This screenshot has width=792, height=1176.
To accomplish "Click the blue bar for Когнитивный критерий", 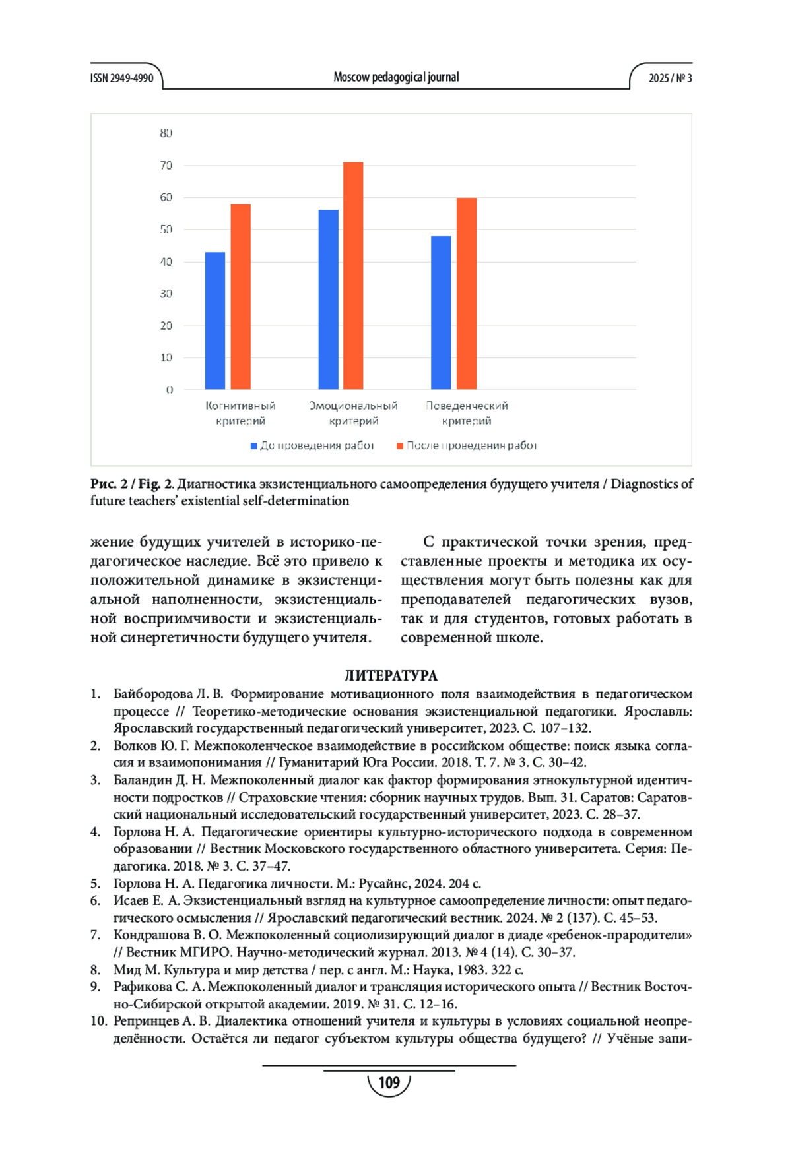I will tap(215, 321).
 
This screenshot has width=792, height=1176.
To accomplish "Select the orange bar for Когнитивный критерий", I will tap(240, 297).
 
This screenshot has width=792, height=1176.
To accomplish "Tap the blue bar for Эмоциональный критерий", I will tap(328, 299).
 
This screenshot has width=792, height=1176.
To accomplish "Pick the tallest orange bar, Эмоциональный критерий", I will tap(353, 276).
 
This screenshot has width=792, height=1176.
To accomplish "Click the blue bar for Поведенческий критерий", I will tap(441, 313).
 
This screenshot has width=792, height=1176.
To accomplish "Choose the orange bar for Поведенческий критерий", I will tap(467, 294).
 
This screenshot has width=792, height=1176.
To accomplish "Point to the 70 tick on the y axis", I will tap(166, 165).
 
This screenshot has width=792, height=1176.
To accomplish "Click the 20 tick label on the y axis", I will tap(166, 325).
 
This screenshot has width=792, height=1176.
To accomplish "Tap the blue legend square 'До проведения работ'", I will tap(254, 446).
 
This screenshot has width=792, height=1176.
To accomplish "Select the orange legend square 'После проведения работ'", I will tap(400, 446).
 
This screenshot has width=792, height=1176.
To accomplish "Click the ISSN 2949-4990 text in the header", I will tap(121, 78).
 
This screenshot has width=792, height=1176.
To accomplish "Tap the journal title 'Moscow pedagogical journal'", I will tap(396, 77).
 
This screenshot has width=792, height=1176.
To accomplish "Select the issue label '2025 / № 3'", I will tap(670, 78).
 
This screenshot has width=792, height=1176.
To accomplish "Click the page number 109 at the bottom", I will tap(389, 1082).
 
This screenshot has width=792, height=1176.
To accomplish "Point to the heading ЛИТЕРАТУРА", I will tap(391, 675).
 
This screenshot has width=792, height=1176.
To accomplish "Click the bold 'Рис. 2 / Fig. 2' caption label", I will tap(131, 484).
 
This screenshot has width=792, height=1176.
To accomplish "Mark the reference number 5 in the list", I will tap(96, 883).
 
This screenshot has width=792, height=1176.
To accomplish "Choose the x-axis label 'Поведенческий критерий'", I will tap(467, 413).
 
